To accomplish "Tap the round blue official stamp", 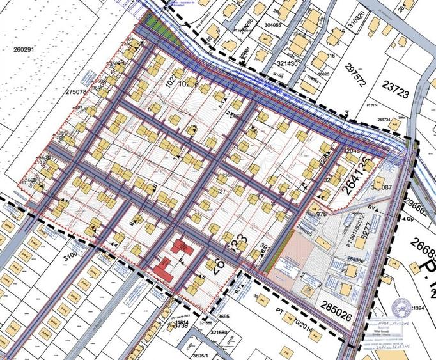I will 401,308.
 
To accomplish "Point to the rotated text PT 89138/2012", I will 353,234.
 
